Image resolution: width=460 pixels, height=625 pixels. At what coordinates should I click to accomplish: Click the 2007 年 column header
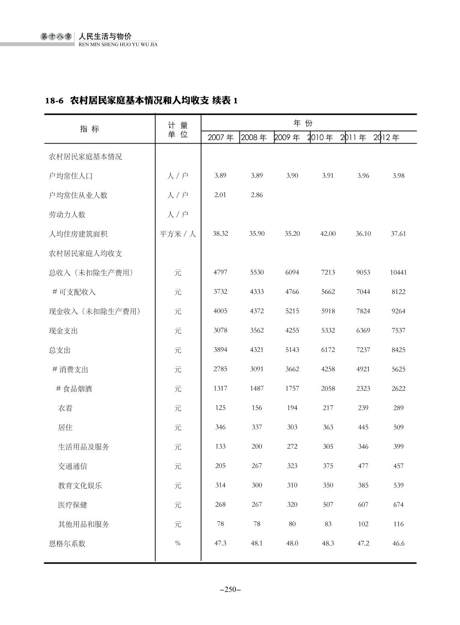[x=221, y=138]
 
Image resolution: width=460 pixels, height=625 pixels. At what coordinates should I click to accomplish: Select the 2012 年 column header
[x=387, y=138]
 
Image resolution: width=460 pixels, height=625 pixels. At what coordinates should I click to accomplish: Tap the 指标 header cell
[x=90, y=129]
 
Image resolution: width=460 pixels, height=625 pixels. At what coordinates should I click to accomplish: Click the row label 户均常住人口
[x=71, y=176]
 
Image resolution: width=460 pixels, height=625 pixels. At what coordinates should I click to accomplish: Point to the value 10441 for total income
[x=398, y=272]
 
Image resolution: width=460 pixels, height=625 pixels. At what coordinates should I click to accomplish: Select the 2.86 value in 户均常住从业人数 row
[x=257, y=195]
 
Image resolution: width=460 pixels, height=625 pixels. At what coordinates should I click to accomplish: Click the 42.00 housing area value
[x=328, y=234]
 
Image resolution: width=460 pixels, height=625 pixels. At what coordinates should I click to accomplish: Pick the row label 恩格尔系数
[x=67, y=544]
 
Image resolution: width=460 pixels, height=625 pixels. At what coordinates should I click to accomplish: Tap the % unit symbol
[x=178, y=543]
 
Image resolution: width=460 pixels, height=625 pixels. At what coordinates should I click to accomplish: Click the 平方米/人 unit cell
[x=178, y=234]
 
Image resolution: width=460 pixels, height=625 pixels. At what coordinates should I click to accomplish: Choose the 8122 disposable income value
[x=398, y=291]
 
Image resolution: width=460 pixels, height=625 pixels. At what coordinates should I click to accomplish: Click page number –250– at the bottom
[x=230, y=589]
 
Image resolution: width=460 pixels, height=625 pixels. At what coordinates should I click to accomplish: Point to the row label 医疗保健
[x=72, y=505]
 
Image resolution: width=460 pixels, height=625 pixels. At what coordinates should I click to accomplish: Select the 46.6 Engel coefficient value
[x=398, y=543]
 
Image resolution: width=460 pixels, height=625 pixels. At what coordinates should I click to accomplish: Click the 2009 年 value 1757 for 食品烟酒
[x=292, y=388]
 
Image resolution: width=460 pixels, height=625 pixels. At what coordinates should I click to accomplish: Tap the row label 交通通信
[x=72, y=466]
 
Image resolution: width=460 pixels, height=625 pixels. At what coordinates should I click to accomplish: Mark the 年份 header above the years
[x=303, y=123]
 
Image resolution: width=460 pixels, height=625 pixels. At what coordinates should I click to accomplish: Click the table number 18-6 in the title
[x=54, y=101]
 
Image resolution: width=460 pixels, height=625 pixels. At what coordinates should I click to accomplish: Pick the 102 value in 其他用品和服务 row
[x=363, y=524]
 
